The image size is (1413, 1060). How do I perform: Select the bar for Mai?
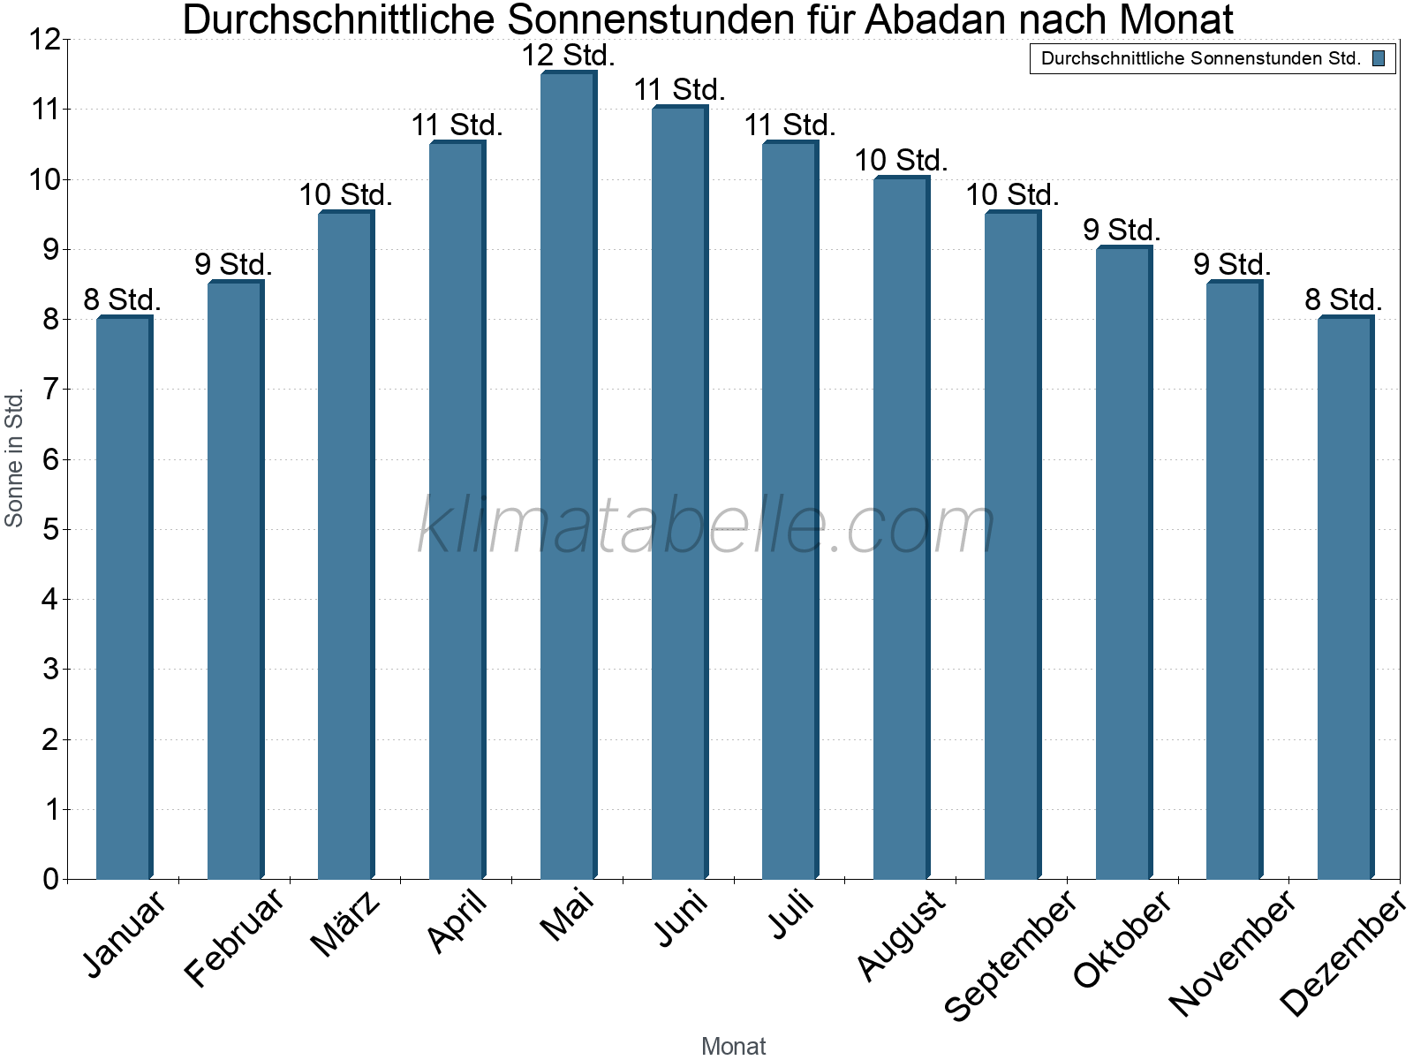[x=568, y=477]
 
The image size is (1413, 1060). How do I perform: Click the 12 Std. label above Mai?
[x=568, y=56]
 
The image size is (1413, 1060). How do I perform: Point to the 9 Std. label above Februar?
[x=234, y=264]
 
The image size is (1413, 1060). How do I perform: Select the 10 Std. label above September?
[x=1012, y=194]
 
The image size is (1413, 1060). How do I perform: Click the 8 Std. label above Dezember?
[x=1344, y=299]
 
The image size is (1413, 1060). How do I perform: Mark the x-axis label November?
[x=1233, y=952]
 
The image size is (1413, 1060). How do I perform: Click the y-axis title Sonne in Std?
[x=14, y=458]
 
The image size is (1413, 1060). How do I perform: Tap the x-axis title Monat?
[x=733, y=1046]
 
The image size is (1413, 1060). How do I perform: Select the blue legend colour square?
[x=1379, y=59]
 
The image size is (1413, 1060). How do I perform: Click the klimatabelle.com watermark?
[x=706, y=526]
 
